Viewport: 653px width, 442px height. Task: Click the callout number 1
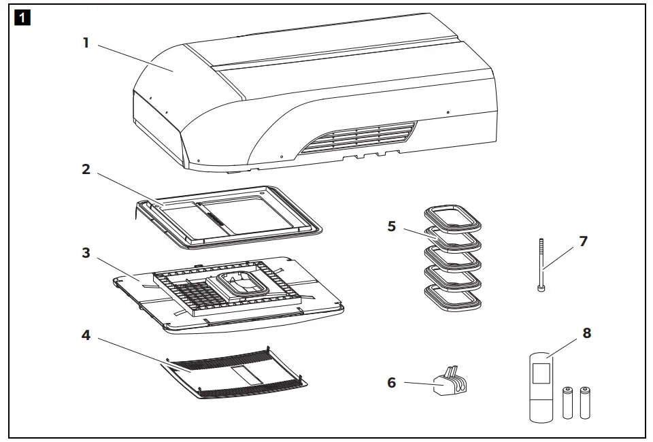click(x=86, y=42)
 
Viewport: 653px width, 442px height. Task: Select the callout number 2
click(x=86, y=169)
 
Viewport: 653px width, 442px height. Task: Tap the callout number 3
click(x=86, y=252)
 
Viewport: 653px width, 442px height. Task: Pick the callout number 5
click(x=392, y=226)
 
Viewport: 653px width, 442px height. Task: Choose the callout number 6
click(x=392, y=383)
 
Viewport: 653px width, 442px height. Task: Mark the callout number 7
click(x=583, y=241)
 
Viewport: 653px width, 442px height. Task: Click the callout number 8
click(x=586, y=333)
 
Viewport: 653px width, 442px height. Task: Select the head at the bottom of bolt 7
click(x=541, y=288)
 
